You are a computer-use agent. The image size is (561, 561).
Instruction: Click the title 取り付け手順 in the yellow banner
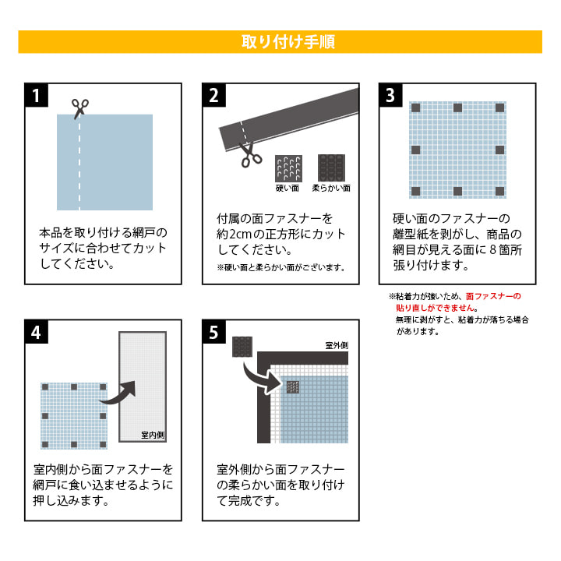click(288, 42)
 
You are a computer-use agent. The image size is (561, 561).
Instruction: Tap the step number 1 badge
click(36, 95)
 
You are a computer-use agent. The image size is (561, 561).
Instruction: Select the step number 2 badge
click(214, 95)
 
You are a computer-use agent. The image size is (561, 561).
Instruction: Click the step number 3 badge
click(390, 95)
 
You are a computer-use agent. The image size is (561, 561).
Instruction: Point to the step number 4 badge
click(36, 332)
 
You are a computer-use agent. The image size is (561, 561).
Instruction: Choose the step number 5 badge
click(214, 332)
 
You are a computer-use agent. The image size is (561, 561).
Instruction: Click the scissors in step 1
click(79, 109)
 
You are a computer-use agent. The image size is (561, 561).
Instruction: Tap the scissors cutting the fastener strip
click(250, 155)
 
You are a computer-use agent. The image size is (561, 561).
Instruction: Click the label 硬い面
click(288, 189)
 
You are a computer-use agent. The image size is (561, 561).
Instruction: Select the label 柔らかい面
click(331, 189)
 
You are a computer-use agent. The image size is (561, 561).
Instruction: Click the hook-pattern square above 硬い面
click(288, 168)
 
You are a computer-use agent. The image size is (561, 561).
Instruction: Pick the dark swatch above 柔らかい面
click(332, 168)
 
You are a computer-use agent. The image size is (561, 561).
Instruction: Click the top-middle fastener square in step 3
click(457, 108)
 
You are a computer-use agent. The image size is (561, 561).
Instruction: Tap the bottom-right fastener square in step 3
click(499, 192)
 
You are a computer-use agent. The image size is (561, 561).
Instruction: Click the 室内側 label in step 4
click(153, 435)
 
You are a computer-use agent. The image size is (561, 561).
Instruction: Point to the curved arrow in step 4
click(118, 393)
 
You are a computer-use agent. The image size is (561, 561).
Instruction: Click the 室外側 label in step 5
click(337, 345)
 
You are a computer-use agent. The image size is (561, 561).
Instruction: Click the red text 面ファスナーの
click(493, 296)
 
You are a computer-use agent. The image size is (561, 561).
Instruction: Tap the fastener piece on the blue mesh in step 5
click(293, 386)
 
